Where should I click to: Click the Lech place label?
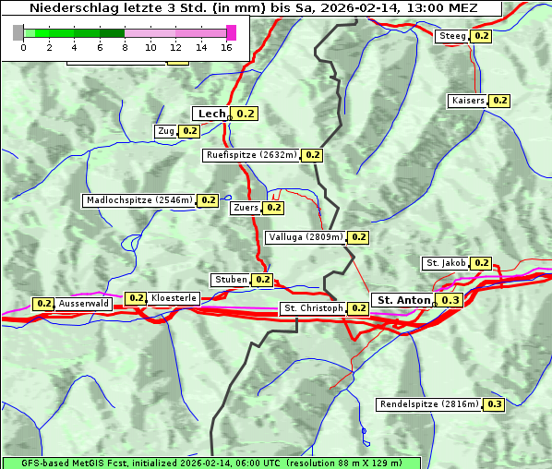pos(211,114)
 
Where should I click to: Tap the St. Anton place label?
pos(404,300)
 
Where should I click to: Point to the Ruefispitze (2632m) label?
pos(252,155)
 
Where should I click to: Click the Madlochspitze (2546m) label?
pos(138,199)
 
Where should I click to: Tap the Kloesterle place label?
pos(174,298)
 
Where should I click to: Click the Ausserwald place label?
pos(84,303)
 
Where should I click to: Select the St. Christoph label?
pos(313,307)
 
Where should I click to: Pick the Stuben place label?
pos(230,280)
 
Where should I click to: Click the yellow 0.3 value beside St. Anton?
pos(450,300)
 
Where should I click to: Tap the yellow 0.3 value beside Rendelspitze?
pos(495,404)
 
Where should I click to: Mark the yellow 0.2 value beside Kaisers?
pos(499,100)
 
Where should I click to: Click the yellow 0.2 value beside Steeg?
pos(481,36)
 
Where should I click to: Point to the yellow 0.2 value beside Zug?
pos(189,131)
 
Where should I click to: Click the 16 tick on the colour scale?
pos(227,46)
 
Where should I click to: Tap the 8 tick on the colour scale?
pos(125,46)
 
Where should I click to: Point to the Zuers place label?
pos(246,208)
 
